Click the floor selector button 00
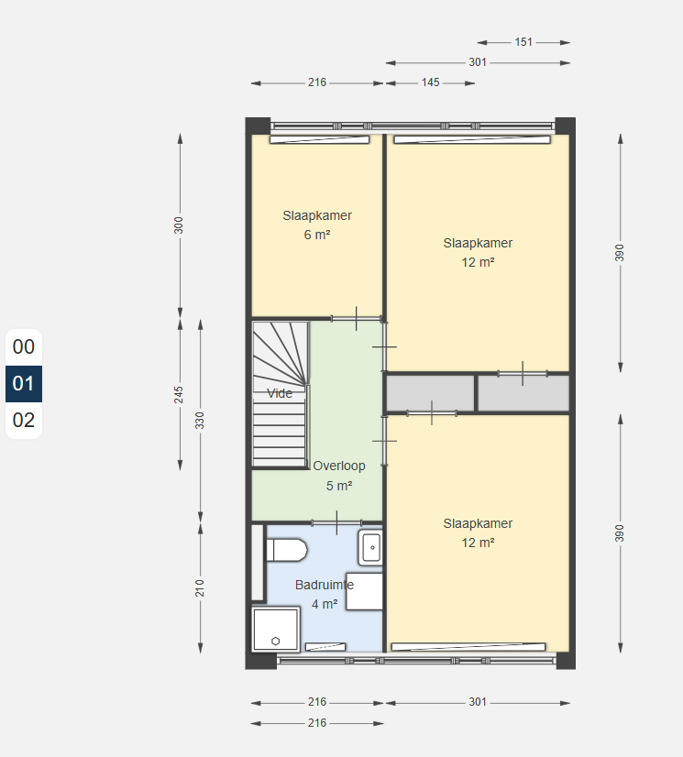pos(24,347)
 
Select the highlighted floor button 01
pos(24,384)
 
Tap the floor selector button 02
pos(24,420)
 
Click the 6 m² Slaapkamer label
pos(317,225)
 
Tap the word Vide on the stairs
pos(280,393)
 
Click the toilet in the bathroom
pos(287,551)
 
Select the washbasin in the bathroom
pos(370,547)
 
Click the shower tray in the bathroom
pos(276,629)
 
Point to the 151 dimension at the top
pos(523,42)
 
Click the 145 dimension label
pos(430,82)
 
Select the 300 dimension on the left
pos(179,225)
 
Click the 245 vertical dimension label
pos(179,395)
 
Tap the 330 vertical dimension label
pos(200,421)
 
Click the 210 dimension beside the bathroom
pos(200,588)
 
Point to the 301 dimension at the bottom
pos(478,702)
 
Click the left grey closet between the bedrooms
pos(430,393)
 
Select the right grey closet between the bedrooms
pos(523,393)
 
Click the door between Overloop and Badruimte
pos(336,523)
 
